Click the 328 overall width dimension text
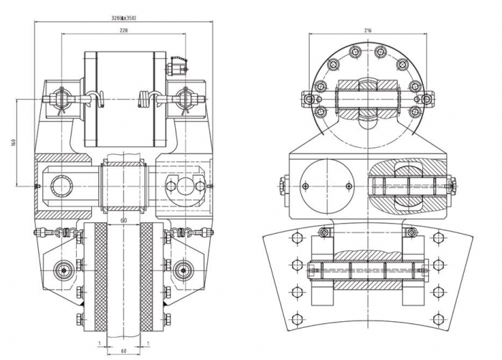[124, 17]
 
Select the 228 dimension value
[124, 31]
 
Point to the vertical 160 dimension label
[14, 142]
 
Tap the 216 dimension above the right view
[367, 31]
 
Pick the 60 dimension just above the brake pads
[124, 219]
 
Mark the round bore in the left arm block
[61, 186]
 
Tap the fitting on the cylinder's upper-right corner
[176, 70]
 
